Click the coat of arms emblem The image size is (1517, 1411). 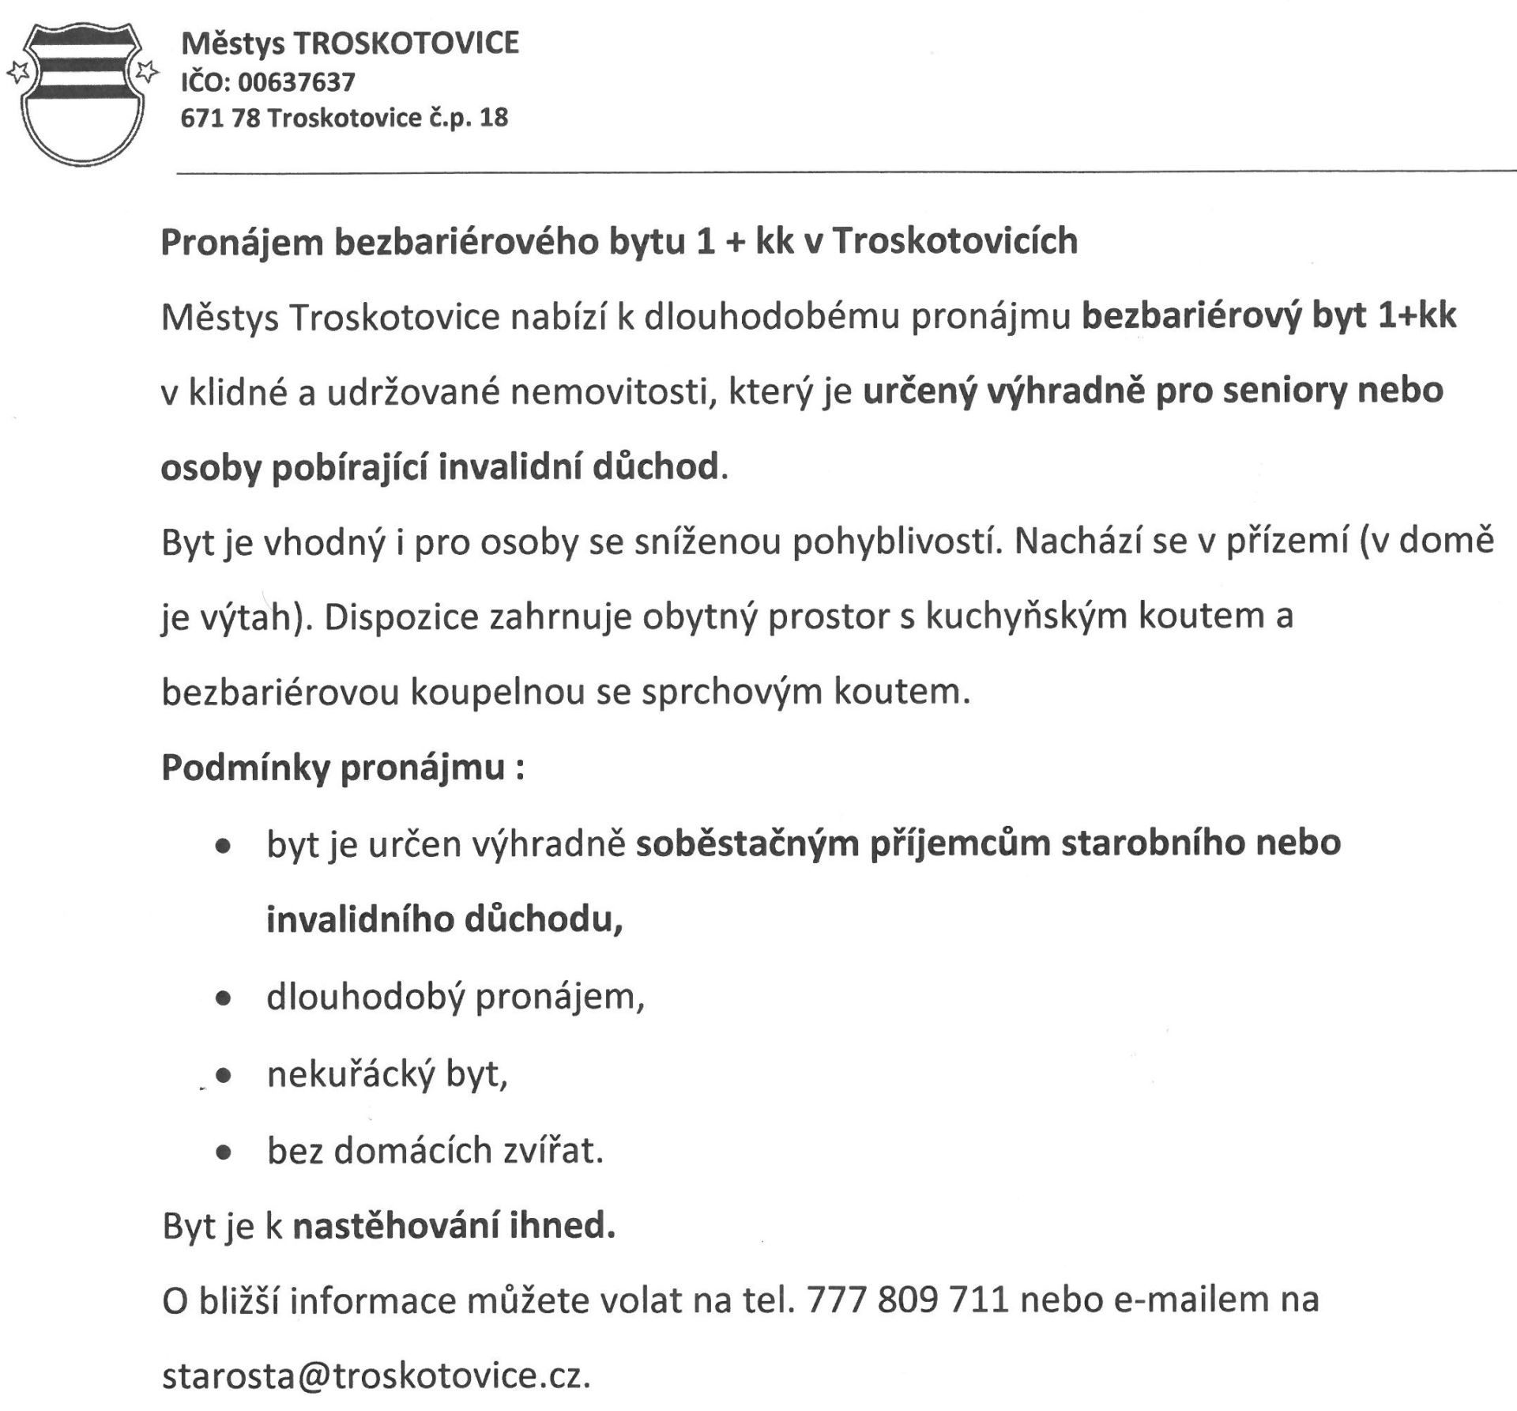pyautogui.click(x=81, y=93)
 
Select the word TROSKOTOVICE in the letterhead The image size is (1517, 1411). pyautogui.click(x=406, y=43)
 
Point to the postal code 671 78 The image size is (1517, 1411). pyautogui.click(x=220, y=119)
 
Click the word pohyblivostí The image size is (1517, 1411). pyautogui.click(x=896, y=541)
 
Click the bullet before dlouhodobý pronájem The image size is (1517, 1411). pyautogui.click(x=224, y=999)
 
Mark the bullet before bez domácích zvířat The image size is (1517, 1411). pyautogui.click(x=224, y=1153)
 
